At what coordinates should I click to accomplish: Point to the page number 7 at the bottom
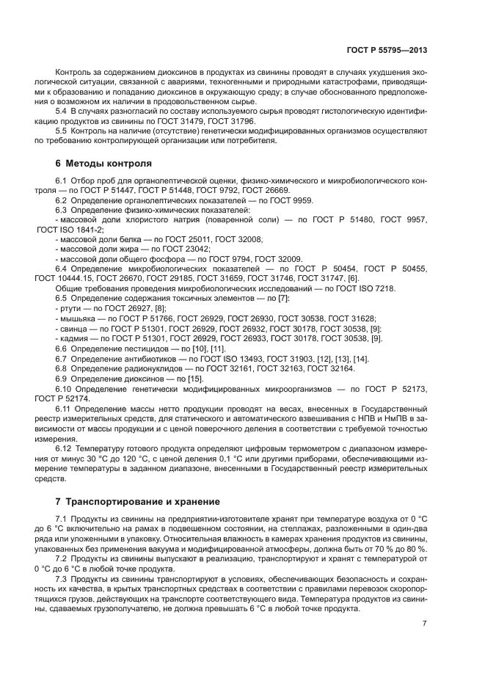point(425,624)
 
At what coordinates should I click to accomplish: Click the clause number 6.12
point(65,445)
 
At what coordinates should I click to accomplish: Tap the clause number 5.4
point(62,110)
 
